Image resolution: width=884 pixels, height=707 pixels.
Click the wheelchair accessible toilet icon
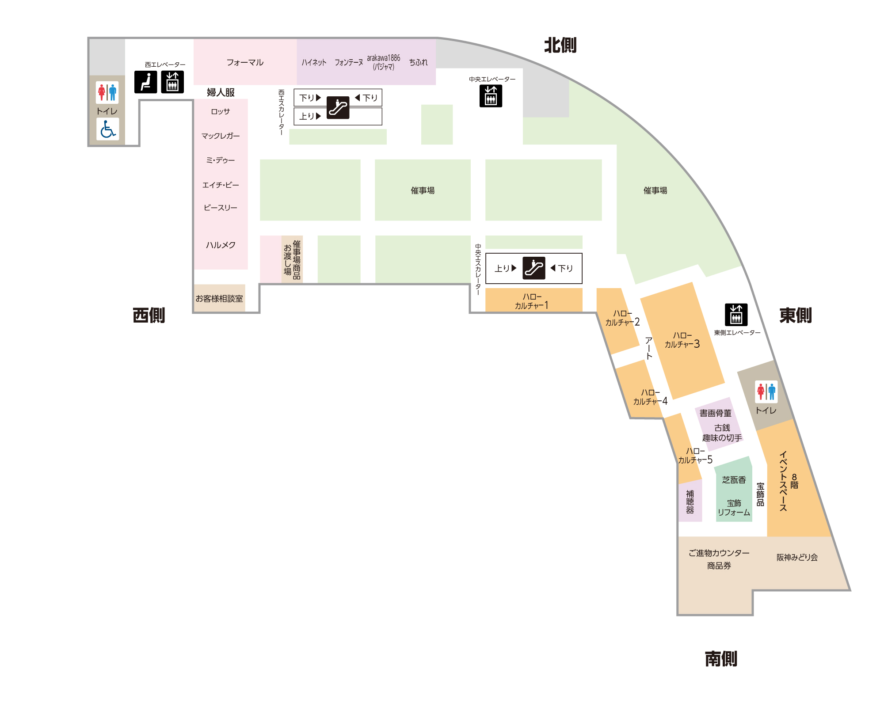pos(108,129)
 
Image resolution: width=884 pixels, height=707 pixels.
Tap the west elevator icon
pos(172,82)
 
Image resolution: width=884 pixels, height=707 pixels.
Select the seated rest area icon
pos(146,82)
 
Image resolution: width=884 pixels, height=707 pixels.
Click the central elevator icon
pos(491,96)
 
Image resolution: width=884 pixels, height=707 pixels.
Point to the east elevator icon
pos(736,315)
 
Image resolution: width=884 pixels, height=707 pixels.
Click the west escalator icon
pos(338,108)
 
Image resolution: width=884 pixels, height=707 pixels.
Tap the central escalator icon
pos(534,268)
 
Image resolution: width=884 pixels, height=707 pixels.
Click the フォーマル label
pos(245,62)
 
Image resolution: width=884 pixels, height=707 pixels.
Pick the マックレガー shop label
pos(221,136)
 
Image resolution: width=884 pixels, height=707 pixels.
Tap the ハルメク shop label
pos(221,245)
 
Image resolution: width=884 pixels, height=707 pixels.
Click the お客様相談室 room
pos(220,298)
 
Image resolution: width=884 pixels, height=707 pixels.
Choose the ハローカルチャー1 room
pos(534,300)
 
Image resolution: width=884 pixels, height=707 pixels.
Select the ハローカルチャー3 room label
pos(682,340)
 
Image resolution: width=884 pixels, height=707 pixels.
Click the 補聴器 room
pos(690,501)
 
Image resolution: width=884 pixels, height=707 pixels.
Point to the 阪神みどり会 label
pos(797,557)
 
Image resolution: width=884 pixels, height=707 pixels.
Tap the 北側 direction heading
pos(560,45)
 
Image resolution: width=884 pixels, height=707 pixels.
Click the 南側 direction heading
pos(721,658)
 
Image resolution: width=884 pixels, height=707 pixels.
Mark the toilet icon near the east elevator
pos(766,392)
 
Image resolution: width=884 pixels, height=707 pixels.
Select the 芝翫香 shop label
pos(734,480)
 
